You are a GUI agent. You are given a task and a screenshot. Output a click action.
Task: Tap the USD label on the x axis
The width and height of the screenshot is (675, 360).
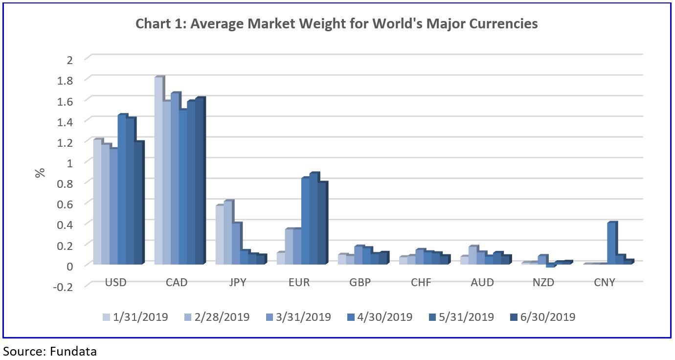(x=116, y=283)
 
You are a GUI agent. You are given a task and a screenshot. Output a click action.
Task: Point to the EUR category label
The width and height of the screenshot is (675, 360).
(x=299, y=283)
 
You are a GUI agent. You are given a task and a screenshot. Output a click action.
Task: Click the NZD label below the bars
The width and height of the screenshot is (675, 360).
(x=544, y=283)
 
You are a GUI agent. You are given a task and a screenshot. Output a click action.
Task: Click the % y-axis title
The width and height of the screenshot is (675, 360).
(x=41, y=173)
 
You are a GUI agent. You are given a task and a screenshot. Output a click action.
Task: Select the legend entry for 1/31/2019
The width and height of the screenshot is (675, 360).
(x=135, y=317)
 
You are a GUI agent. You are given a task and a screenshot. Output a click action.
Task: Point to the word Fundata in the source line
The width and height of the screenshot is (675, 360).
(x=73, y=351)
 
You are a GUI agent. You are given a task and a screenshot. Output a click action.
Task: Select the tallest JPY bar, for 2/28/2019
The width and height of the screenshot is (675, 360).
(x=227, y=233)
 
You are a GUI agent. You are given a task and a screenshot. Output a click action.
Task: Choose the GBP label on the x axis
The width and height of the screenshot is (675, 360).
(x=360, y=283)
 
